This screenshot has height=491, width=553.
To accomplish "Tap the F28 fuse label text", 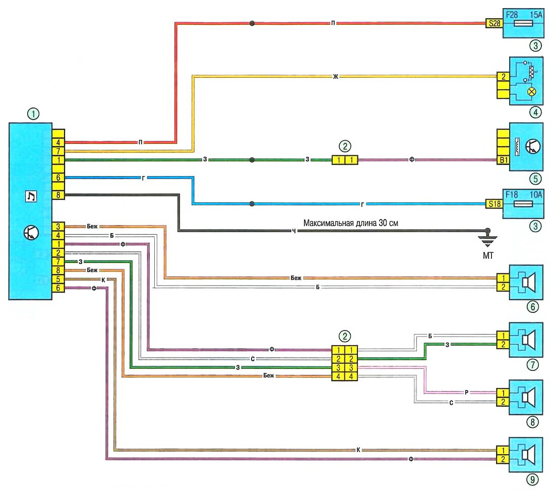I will click(x=513, y=13).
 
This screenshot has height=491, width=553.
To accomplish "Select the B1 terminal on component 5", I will click(x=502, y=160).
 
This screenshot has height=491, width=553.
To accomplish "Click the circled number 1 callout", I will click(x=33, y=115).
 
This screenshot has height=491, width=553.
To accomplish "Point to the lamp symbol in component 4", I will click(x=531, y=92).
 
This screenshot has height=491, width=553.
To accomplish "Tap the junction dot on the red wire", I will click(x=251, y=23).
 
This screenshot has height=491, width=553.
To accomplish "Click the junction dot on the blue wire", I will click(x=251, y=204).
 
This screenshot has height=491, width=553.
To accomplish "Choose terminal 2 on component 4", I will click(x=502, y=77).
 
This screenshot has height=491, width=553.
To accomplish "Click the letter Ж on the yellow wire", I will click(x=335, y=77).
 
